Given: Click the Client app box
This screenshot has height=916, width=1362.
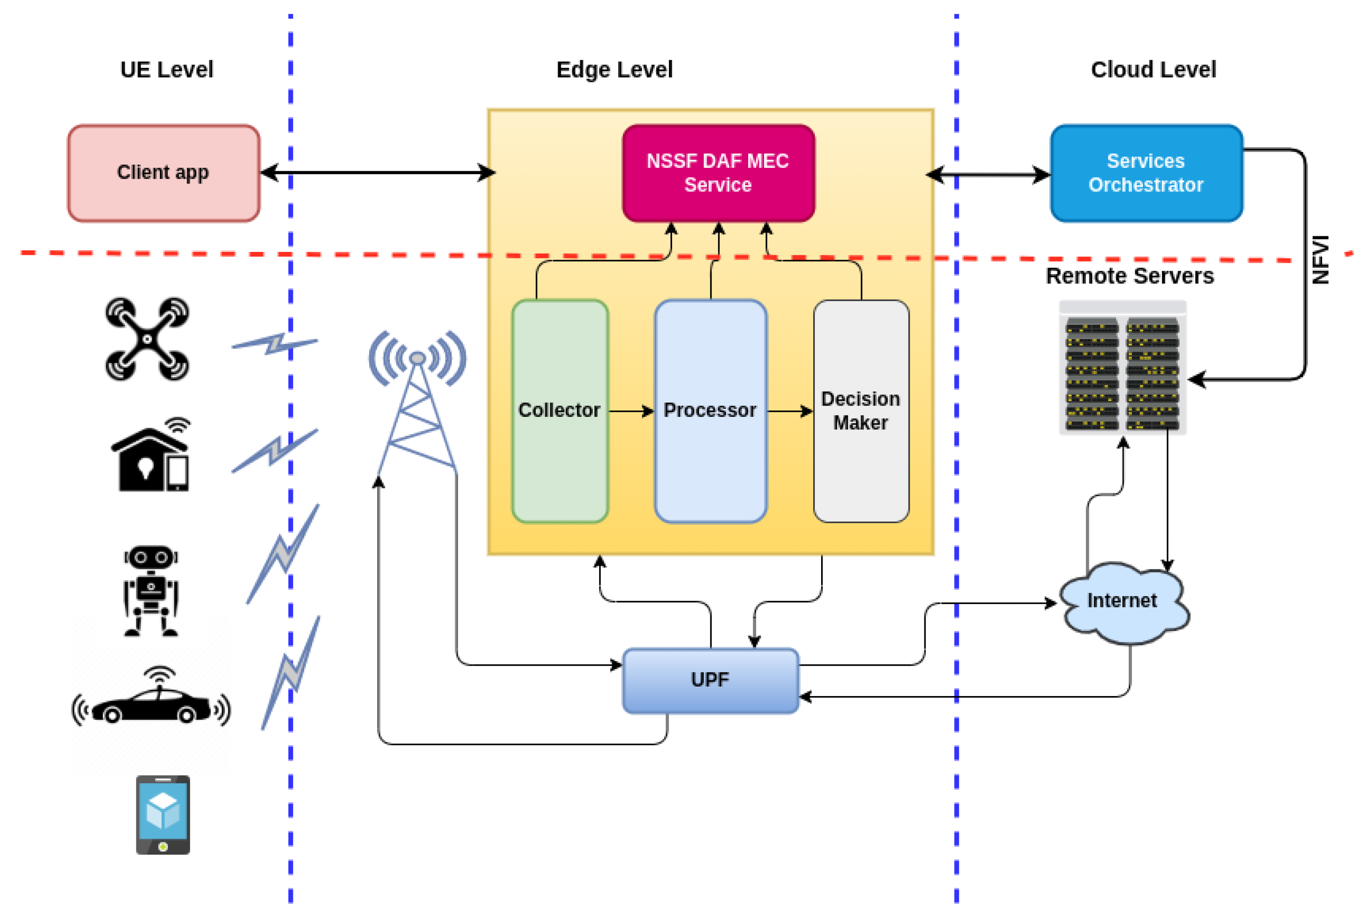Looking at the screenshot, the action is [164, 173].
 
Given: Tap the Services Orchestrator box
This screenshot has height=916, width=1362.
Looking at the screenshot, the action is [1146, 173].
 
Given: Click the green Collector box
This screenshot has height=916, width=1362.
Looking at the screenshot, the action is [560, 411].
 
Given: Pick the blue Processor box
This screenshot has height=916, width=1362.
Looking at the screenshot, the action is [710, 411].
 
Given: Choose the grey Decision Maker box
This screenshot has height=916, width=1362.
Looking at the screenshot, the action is [861, 411].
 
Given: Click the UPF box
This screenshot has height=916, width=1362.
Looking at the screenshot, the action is [710, 680].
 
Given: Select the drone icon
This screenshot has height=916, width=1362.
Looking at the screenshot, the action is [147, 339].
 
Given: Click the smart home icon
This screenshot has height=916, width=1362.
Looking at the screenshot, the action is [151, 455].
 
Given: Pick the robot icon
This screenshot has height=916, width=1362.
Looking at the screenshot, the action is [151, 591].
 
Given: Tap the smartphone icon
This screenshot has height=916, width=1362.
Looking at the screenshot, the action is [163, 814].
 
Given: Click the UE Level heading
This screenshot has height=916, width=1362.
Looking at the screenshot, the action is [167, 70].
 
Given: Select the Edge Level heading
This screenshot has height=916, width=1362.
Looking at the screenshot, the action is [614, 70].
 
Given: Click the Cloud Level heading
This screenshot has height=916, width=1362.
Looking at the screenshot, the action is [1153, 70].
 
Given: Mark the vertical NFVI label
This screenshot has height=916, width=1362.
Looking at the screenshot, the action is [1320, 259].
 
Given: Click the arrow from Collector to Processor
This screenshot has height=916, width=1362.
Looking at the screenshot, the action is [631, 411].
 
